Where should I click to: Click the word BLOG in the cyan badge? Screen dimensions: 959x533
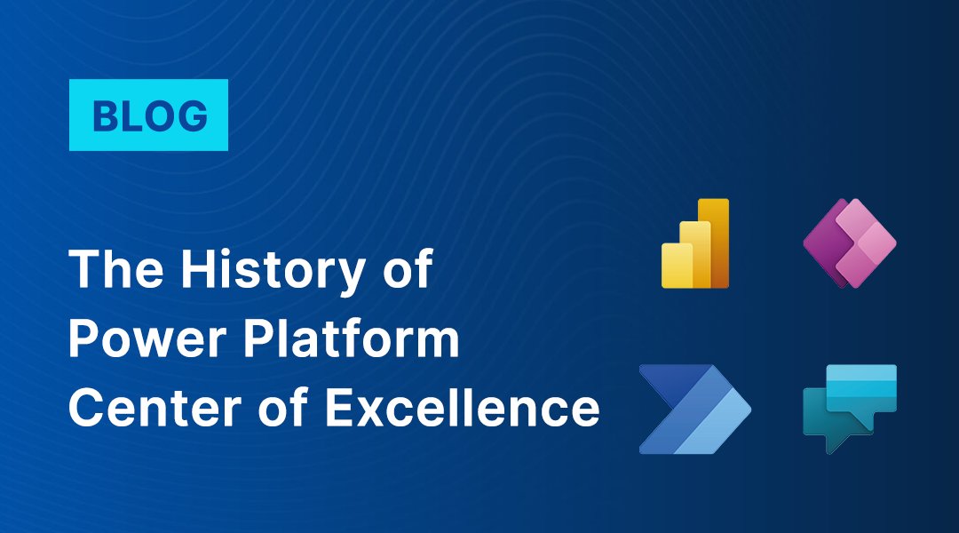coord(150,115)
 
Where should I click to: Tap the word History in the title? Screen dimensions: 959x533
coord(273,270)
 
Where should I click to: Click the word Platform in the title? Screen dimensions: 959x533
coord(352,338)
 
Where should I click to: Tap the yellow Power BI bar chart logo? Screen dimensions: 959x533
coord(695,243)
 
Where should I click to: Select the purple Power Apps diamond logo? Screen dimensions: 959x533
coord(850,243)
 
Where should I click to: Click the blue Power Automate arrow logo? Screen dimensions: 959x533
coord(694,410)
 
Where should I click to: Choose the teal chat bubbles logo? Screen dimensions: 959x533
coord(850,410)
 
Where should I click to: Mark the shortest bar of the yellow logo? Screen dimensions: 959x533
coord(677,266)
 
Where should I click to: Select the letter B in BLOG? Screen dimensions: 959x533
coord(105,115)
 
